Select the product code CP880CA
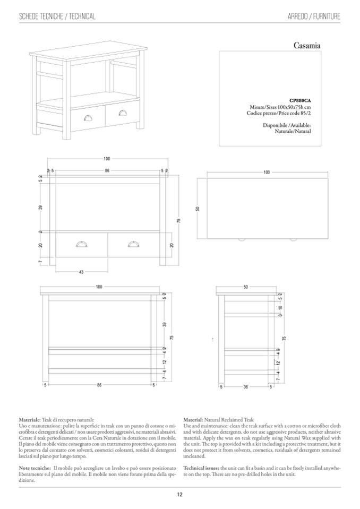(x=299, y=100)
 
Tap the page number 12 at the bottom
(x=180, y=495)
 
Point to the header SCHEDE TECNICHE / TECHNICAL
(x=57, y=16)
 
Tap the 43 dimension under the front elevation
(x=81, y=272)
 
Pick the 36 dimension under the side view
(x=245, y=386)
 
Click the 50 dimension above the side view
(x=245, y=287)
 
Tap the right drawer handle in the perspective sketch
(x=123, y=112)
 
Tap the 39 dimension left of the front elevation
(x=40, y=207)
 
